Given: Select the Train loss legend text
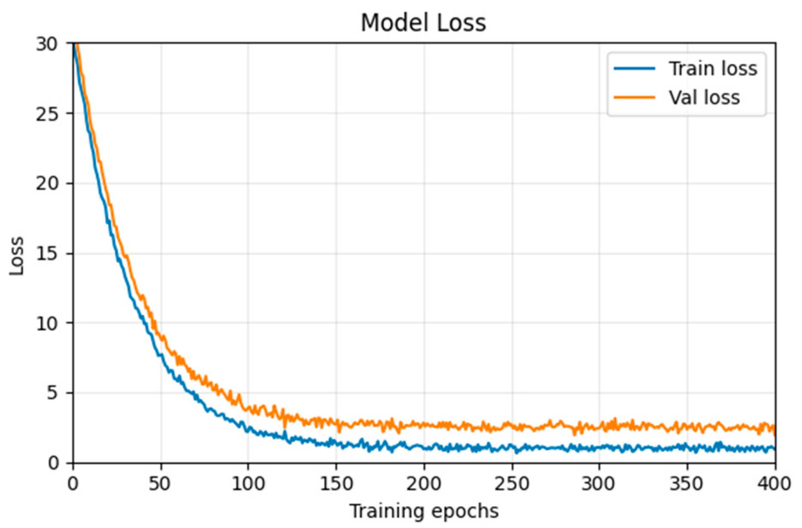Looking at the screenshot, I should (713, 68).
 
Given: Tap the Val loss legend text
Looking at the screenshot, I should (704, 97).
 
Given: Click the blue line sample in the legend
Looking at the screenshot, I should (634, 68).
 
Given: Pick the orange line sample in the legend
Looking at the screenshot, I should (634, 97).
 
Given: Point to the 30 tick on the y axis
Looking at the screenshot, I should (47, 44).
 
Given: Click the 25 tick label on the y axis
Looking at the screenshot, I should (47, 114).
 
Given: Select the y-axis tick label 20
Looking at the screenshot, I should (47, 183).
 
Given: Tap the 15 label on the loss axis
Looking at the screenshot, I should (47, 254).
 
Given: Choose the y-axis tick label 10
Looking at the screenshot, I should (47, 323).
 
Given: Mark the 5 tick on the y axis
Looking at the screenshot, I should (52, 393).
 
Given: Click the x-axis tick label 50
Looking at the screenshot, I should (160, 484).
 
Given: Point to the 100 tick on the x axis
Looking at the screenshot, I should (248, 484).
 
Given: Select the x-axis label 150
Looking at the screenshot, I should (336, 484).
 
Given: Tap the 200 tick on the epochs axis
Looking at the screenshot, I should (424, 484).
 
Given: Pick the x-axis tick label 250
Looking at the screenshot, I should (512, 484).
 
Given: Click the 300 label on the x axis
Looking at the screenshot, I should (599, 484).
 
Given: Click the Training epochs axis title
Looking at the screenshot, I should (424, 511).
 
